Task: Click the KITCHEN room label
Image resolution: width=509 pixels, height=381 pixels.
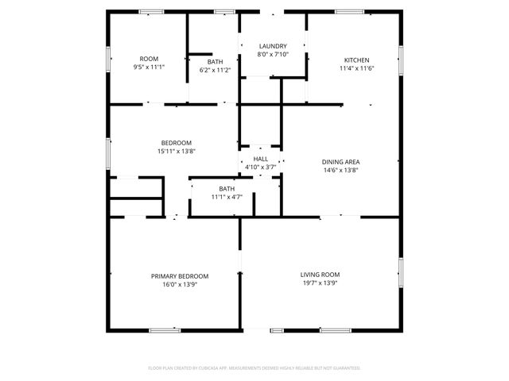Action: coord(356,60)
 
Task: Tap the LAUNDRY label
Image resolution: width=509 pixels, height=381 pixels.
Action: coord(272,47)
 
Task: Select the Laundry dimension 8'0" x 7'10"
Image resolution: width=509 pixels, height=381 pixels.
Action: coord(272,55)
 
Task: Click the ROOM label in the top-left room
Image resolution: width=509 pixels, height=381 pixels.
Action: coord(149,60)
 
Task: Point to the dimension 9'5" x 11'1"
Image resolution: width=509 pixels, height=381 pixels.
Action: coord(149,67)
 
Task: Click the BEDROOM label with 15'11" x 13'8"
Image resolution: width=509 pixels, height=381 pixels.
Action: coord(176,143)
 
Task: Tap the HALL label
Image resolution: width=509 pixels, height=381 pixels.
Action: coord(260,160)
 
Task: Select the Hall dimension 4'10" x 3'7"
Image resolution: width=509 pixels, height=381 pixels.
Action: coord(260,167)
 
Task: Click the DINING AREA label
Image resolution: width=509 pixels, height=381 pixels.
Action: coord(340,162)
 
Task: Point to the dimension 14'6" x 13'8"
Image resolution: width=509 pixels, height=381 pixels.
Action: coord(340,170)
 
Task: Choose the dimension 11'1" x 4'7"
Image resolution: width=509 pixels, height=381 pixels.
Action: coord(227,197)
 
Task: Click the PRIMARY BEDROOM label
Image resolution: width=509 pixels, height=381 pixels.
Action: coord(180,276)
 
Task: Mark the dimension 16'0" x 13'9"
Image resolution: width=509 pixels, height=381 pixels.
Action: coord(180,284)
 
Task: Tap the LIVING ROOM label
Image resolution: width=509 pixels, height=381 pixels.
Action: coord(321,275)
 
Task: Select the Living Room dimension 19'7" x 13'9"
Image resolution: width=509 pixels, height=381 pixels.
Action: coord(321,283)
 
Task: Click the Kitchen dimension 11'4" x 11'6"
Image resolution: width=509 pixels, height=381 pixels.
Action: coord(356,69)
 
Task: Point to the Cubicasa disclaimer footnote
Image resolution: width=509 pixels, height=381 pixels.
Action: coord(254,368)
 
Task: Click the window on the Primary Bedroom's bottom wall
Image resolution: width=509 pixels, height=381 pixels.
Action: coord(165,329)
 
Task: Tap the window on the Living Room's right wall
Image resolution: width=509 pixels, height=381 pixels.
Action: coord(401,270)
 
